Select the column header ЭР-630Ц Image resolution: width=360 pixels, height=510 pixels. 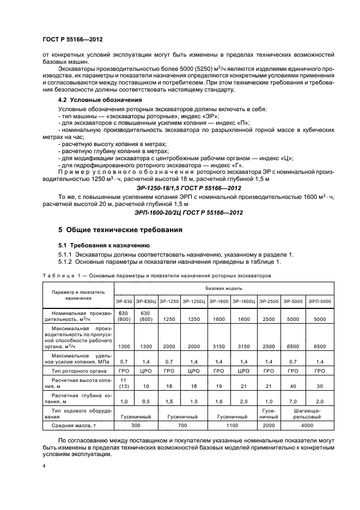click(x=145, y=301)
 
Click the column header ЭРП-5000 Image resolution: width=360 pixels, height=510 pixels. click(x=319, y=301)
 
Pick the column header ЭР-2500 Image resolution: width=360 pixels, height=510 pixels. click(x=269, y=301)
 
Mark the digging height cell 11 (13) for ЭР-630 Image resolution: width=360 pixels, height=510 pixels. click(x=124, y=382)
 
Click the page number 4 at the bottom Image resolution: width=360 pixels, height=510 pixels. click(x=44, y=466)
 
